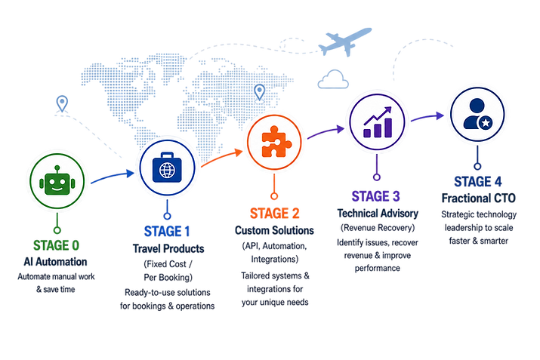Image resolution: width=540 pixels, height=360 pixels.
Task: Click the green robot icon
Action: [57, 180]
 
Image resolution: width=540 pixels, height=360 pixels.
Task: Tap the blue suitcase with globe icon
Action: [167, 168]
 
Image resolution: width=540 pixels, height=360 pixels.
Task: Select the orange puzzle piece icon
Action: [275, 141]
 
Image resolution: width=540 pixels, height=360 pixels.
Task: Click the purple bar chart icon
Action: [378, 122]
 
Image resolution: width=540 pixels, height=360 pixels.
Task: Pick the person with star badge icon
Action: [477, 114]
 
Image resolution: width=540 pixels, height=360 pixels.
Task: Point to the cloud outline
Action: [333, 79]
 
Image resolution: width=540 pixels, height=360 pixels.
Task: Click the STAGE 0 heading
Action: [56, 245]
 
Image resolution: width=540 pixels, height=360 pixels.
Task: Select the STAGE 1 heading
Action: [167, 231]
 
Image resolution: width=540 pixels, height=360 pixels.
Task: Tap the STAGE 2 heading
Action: [274, 214]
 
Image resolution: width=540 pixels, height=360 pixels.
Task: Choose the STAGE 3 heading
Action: [375, 196]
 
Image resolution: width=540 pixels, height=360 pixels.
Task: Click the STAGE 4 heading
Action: [477, 181]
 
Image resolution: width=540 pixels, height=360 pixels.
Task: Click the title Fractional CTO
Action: [478, 198]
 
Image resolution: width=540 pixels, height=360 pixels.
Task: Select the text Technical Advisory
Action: [378, 214]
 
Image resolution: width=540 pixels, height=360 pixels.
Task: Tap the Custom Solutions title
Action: [274, 230]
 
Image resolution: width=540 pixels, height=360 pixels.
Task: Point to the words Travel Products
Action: [168, 248]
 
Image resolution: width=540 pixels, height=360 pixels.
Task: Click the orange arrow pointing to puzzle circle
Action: [221, 157]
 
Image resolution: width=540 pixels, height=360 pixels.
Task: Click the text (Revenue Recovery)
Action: [378, 228]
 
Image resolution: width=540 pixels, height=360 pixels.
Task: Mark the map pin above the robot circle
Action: [62, 103]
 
